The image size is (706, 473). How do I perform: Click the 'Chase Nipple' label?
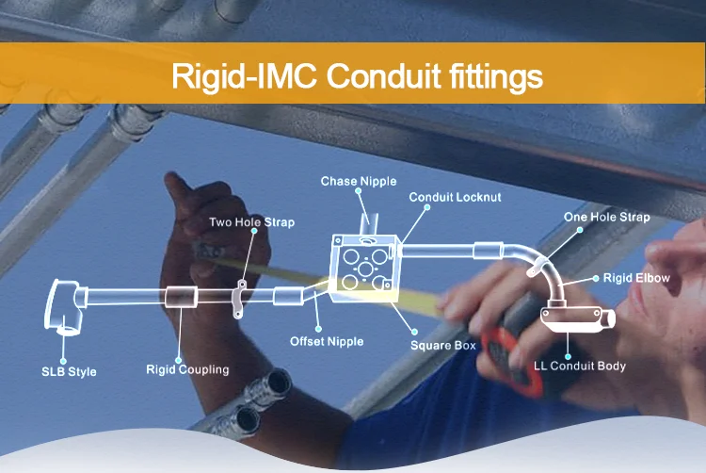tap(359, 181)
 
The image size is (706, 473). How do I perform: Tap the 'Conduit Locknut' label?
tap(455, 197)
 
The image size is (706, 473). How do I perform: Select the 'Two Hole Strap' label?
tap(251, 222)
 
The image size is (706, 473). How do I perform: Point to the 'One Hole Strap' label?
tap(606, 217)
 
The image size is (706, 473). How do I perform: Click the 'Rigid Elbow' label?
tap(636, 278)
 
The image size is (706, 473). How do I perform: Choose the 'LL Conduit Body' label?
tap(580, 366)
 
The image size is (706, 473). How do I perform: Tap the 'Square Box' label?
tap(443, 346)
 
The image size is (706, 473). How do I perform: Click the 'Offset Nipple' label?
tap(327, 341)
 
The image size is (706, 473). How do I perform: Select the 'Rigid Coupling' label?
tap(187, 370)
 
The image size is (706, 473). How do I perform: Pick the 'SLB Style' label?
tap(69, 371)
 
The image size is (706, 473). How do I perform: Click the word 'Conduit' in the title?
tap(383, 75)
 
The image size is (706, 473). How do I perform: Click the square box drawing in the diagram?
tap(363, 268)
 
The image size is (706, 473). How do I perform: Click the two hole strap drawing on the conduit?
tap(239, 299)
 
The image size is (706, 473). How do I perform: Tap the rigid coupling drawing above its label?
tap(181, 297)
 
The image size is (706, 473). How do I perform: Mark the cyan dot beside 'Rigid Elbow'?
tap(596, 278)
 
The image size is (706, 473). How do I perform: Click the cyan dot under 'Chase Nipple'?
tap(358, 191)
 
